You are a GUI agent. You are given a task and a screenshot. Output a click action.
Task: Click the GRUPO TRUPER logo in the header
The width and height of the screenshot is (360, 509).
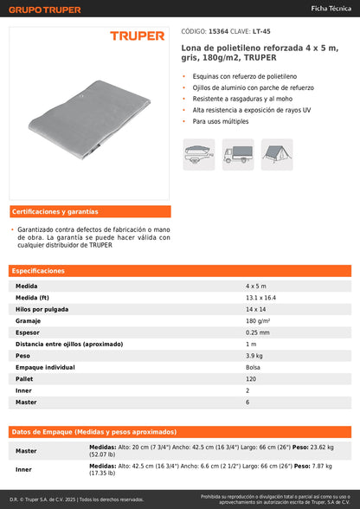pyautogui.click(x=44, y=10)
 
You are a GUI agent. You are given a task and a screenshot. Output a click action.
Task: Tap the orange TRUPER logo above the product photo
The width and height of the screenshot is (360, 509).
pyautogui.click(x=137, y=36)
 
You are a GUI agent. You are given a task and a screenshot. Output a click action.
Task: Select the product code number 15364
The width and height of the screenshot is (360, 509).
pyautogui.click(x=220, y=29)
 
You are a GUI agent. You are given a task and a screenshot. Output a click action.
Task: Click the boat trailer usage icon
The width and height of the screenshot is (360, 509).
pyautogui.click(x=199, y=153)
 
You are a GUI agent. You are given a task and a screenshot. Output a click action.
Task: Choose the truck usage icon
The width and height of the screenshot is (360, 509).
pyautogui.click(x=238, y=153)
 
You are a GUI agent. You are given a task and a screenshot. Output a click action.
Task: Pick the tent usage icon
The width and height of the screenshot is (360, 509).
pyautogui.click(x=277, y=153)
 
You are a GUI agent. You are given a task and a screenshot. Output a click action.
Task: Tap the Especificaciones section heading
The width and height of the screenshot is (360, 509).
pyautogui.click(x=38, y=271)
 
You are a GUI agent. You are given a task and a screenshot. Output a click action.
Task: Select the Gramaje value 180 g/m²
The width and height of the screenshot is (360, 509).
pyautogui.click(x=258, y=320)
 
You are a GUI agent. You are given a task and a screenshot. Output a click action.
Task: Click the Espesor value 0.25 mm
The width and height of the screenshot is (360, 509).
pyautogui.click(x=257, y=332)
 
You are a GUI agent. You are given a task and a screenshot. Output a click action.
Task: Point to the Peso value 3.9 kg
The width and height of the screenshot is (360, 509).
pyautogui.click(x=254, y=356)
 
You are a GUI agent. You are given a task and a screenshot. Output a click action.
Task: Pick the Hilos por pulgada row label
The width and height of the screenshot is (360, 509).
pyautogui.click(x=41, y=309)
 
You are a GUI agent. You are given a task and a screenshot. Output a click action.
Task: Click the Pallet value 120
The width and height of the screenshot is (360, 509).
pyautogui.click(x=251, y=379)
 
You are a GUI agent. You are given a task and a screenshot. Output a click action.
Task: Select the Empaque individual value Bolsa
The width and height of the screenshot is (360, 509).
pyautogui.click(x=253, y=367)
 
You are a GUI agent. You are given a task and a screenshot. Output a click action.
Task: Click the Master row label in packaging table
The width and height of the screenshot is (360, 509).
pyautogui.click(x=26, y=451)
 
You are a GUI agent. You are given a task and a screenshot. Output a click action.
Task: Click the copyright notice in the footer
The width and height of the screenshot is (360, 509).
pyautogui.click(x=76, y=499)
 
